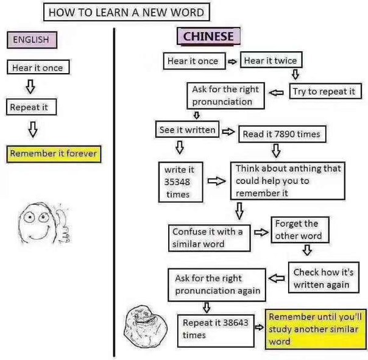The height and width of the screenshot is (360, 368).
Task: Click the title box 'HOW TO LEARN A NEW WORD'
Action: pyautogui.click(x=127, y=12)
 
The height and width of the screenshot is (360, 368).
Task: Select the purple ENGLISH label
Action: pyautogui.click(x=32, y=40)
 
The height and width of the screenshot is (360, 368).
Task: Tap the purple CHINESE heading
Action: pyautogui.click(x=208, y=37)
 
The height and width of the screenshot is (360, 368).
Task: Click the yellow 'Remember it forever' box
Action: pyautogui.click(x=54, y=154)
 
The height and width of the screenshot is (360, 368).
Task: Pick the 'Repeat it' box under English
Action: pyautogui.click(x=32, y=107)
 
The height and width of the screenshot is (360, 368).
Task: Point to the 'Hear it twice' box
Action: pyautogui.click(x=271, y=60)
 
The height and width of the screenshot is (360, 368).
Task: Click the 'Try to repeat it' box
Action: pyautogui.click(x=325, y=91)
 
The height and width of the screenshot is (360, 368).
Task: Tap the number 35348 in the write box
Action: pyautogui.click(x=177, y=182)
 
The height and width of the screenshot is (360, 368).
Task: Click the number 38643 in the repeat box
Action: pyautogui.click(x=235, y=322)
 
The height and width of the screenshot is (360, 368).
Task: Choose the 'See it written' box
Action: pyautogui.click(x=187, y=129)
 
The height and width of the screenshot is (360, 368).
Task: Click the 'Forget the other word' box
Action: pyautogui.click(x=300, y=230)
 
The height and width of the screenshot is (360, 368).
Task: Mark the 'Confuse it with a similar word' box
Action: pyautogui.click(x=210, y=238)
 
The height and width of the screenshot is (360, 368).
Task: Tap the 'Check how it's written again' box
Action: pyautogui.click(x=324, y=278)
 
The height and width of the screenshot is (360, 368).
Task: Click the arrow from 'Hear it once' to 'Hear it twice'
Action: pyautogui.click(x=232, y=62)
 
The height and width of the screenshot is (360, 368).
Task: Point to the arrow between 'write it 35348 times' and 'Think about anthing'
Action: pyautogui.click(x=217, y=181)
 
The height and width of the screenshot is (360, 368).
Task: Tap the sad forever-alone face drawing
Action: pyautogui.click(x=146, y=326)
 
